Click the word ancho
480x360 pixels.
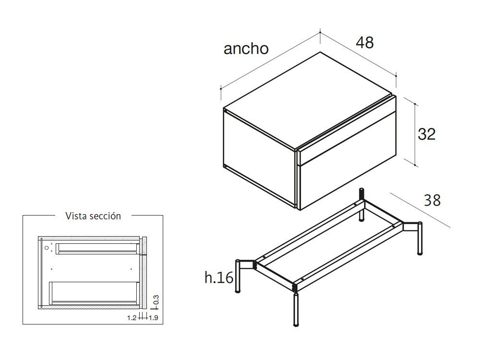pos(246,48)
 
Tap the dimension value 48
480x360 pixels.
pos(365,42)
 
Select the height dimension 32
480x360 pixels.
pos(426,134)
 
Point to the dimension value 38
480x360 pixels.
pos(432,200)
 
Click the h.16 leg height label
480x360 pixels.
pos(219,277)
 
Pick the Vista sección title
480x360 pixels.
pos(93,216)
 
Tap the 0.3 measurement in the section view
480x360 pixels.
pos(156,300)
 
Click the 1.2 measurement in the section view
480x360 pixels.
pos(132,318)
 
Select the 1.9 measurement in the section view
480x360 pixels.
pos(154,318)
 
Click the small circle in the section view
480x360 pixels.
pos(47,248)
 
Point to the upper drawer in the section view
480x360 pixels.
pos(97,249)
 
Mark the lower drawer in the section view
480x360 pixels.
pos(94,293)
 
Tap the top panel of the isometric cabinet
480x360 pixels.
pos(308,100)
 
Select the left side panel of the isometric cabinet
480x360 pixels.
pos(260,158)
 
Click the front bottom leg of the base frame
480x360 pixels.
pos(296,309)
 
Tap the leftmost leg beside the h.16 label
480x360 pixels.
pos(238,276)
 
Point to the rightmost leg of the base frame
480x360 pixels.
pos(420,238)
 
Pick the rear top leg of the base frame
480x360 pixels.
pos(361,204)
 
